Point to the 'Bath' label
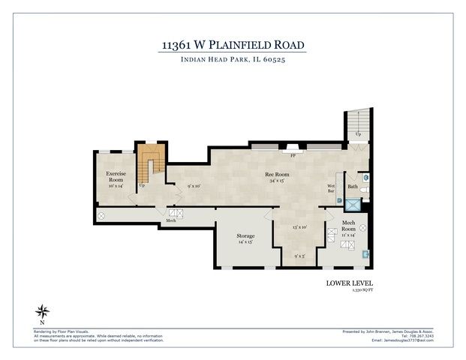pyautogui.click(x=352, y=187)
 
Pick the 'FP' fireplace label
pyautogui.click(x=291, y=155)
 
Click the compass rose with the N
pyautogui.click(x=44, y=312)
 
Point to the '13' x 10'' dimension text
pyautogui.click(x=299, y=227)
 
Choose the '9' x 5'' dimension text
pyautogui.click(x=299, y=256)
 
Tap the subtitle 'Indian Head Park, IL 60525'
pyautogui.click(x=233, y=60)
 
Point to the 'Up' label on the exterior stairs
pyautogui.click(x=358, y=134)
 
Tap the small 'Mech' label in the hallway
pyautogui.click(x=171, y=221)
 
